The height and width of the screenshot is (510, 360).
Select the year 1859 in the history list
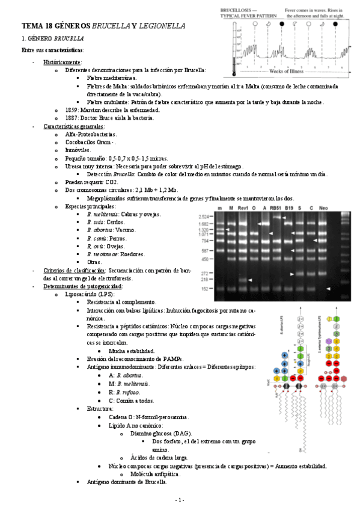pos(73,110)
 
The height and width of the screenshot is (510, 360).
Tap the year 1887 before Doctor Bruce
pos(73,118)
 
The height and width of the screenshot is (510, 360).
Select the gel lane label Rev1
pos(243,207)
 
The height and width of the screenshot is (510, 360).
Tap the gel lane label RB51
pos(275,207)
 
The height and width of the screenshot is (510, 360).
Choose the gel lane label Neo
pos(323,207)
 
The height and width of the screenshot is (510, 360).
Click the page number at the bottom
pos(180,499)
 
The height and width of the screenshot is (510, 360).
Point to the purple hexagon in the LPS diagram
pos(328,341)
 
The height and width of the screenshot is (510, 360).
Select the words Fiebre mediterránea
pos(111,78)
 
